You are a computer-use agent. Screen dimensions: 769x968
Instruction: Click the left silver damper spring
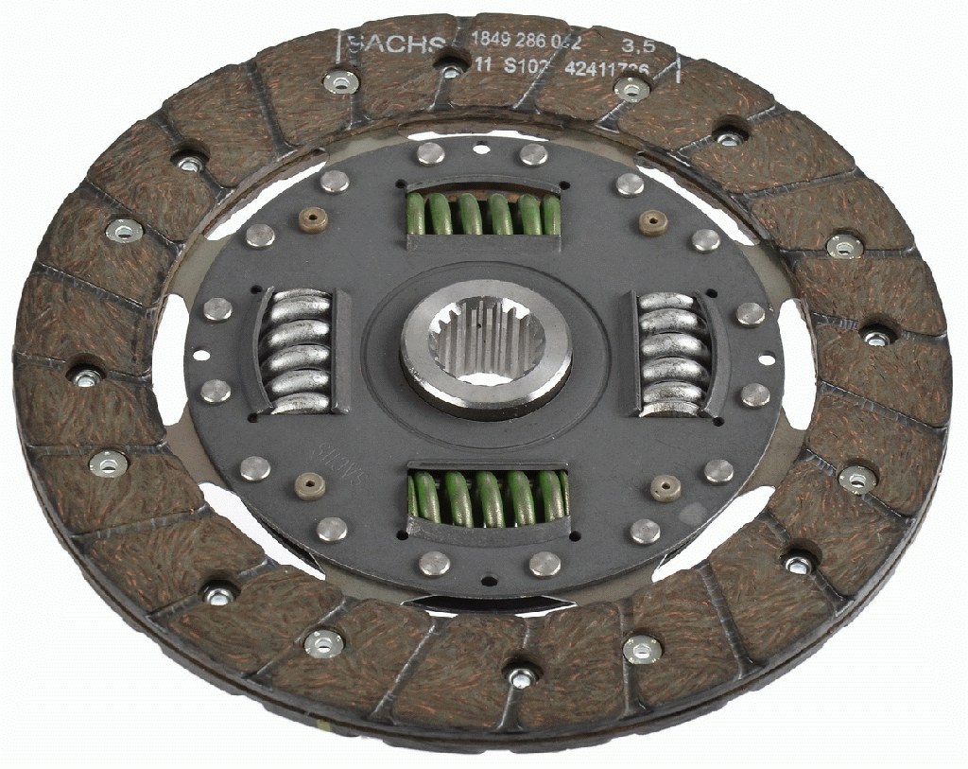click(296, 351)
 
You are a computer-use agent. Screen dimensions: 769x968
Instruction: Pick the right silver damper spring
click(672, 352)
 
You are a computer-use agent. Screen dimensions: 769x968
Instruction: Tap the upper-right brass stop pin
click(648, 221)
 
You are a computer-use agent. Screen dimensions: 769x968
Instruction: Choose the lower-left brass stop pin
click(310, 484)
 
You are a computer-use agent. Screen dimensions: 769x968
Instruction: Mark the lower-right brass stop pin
click(668, 488)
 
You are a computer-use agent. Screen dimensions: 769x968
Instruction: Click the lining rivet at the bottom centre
click(523, 676)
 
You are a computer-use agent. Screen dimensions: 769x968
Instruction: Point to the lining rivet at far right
click(878, 336)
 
